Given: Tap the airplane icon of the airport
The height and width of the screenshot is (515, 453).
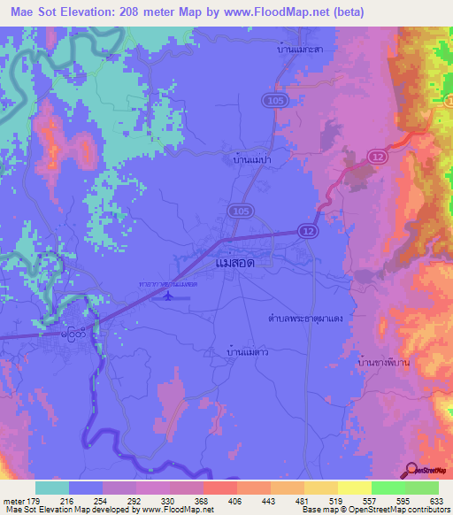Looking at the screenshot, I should click(162, 296).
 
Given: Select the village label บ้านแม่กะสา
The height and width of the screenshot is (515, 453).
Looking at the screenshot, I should click(299, 50).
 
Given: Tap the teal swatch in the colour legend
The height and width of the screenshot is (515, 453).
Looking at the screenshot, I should click(52, 488).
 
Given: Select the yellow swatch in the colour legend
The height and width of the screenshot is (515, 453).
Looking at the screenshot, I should click(355, 488).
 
